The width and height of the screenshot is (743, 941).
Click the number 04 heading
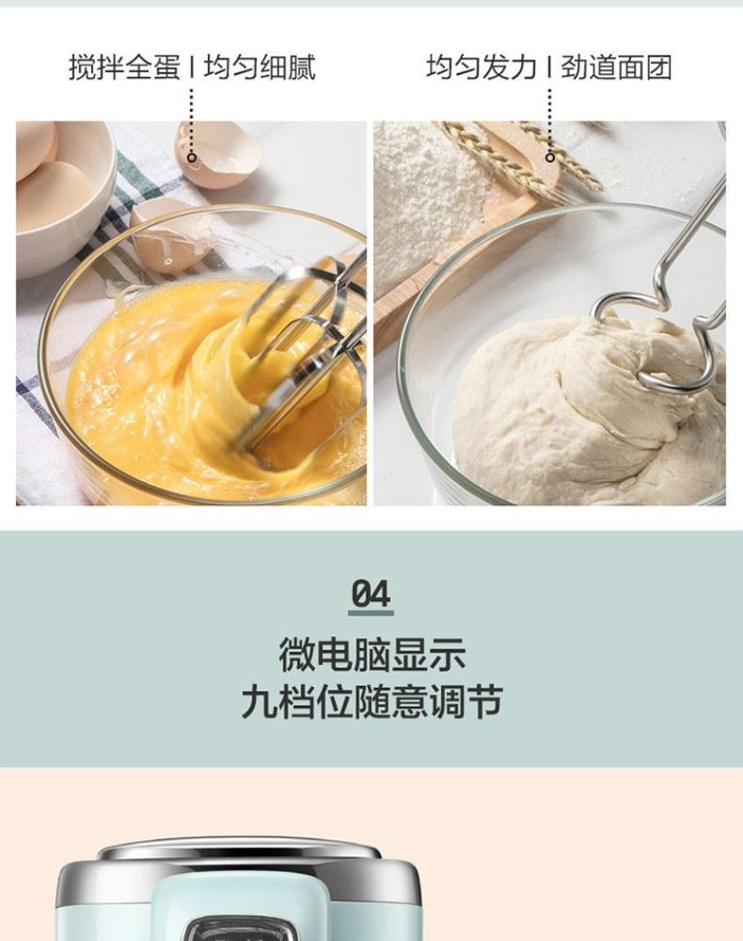click(371, 594)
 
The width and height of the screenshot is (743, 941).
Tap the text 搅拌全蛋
click(124, 67)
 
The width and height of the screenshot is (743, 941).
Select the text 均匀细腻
click(260, 67)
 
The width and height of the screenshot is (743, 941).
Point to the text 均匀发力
click(482, 67)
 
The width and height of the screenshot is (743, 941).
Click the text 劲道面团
click(616, 67)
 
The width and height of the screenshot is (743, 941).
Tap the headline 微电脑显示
click(371, 655)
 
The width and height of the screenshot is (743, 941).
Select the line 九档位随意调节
click(371, 702)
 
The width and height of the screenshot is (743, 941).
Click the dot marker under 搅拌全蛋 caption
click(192, 158)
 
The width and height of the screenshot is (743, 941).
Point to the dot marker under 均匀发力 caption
click(550, 158)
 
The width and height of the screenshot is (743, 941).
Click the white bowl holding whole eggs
click(60, 198)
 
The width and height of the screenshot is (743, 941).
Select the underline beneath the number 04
click(371, 614)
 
